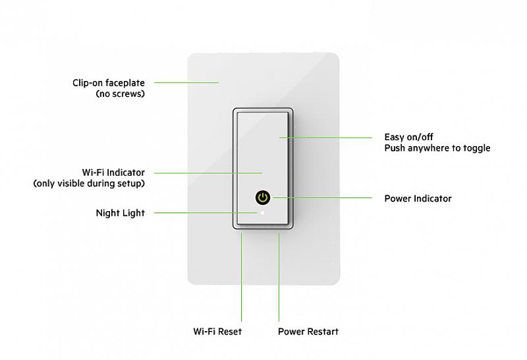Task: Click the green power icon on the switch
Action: [x=263, y=197]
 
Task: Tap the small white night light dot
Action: [x=263, y=213]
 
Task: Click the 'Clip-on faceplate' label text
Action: [x=109, y=83]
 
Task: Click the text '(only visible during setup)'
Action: [x=89, y=184]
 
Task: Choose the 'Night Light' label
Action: [x=120, y=213]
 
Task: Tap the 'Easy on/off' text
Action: [x=409, y=137]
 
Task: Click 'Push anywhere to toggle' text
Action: [x=437, y=148]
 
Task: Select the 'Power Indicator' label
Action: [x=418, y=198]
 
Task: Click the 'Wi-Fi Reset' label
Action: [x=217, y=332]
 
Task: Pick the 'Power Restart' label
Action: [x=308, y=332]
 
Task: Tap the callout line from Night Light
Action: [x=204, y=213]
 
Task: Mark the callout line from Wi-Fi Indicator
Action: [x=208, y=172]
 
